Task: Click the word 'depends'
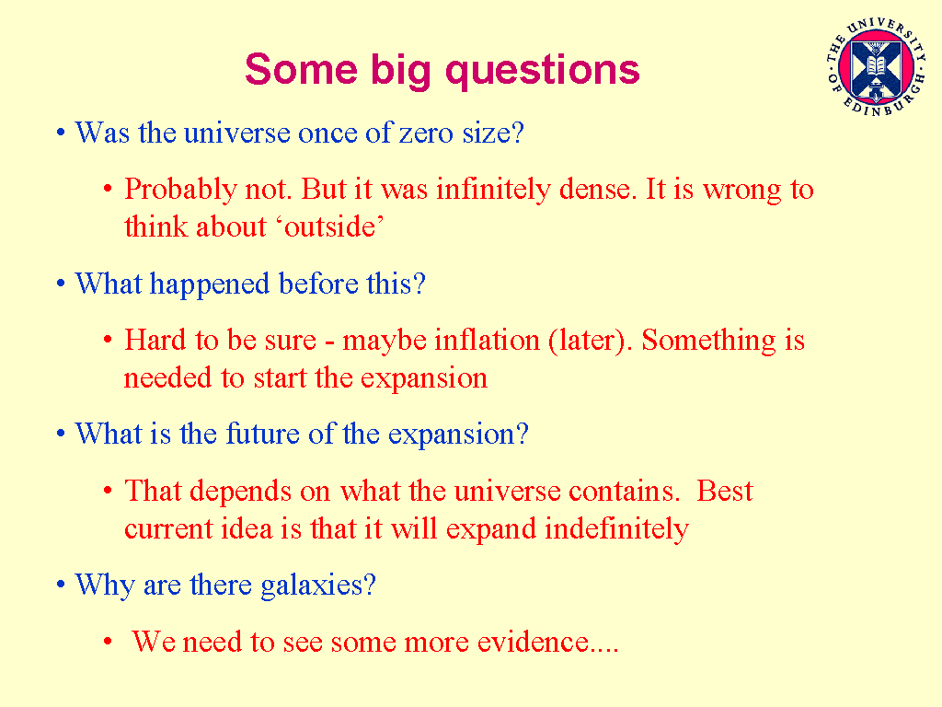[x=247, y=492]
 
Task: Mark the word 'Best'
[x=725, y=491]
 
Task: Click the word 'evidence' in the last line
[x=533, y=642]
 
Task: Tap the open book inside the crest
[x=875, y=65]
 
